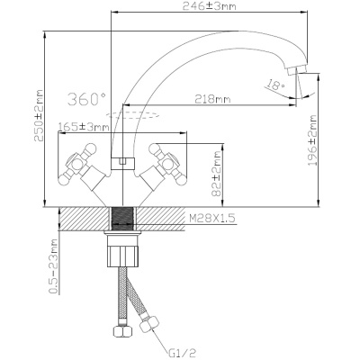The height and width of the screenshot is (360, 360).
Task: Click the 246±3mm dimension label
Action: pos(209,6)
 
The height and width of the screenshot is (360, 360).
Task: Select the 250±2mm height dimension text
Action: pos(39,115)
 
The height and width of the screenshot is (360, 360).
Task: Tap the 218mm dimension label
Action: pos(212,99)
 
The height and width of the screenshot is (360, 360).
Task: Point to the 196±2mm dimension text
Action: pos(313,140)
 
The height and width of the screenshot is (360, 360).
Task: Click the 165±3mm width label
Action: pos(84,127)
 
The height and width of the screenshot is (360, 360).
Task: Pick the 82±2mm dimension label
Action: pos(216,174)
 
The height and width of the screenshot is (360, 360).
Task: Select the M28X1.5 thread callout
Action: pos(212,218)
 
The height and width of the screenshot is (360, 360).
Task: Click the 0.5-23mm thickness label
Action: pos(53,265)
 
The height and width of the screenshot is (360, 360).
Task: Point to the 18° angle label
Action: pos(276,85)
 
